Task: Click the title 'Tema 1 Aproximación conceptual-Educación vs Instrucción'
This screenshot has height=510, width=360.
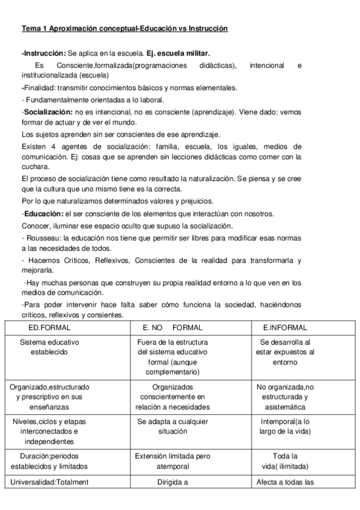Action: [124, 29]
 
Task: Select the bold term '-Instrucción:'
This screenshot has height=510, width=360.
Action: [44, 53]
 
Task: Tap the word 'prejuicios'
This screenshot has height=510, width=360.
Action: [189, 201]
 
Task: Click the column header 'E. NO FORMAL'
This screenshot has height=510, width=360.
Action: [172, 328]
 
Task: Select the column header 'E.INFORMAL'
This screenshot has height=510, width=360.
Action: [285, 328]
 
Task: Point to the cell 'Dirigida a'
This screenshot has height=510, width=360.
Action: [172, 482]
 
